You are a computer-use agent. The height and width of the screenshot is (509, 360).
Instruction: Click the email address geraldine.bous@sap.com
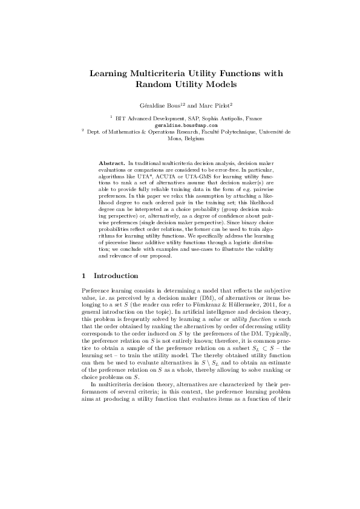click(180, 125)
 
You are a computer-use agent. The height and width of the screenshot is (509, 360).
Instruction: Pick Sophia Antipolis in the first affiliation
click(209, 118)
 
